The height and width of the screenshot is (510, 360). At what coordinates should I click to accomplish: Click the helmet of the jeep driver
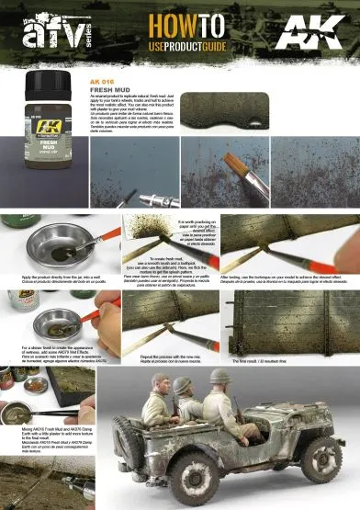point(220,377)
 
